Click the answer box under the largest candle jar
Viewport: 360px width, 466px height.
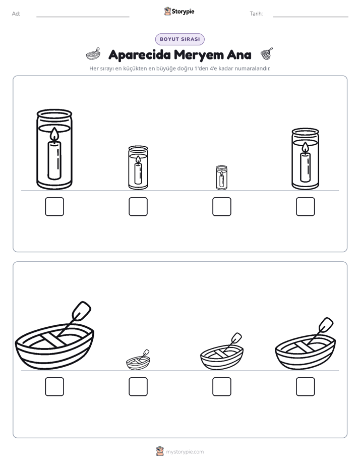pyautogui.click(x=54, y=207)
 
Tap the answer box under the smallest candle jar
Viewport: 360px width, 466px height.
pyautogui.click(x=221, y=207)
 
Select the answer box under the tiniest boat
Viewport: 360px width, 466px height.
pyautogui.click(x=138, y=387)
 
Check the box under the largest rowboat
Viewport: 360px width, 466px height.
pyautogui.click(x=54, y=387)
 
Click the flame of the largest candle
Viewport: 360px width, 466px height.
pyautogui.click(x=54, y=134)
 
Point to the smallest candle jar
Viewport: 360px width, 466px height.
pyautogui.click(x=221, y=178)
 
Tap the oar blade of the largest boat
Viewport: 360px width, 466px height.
pyautogui.click(x=81, y=311)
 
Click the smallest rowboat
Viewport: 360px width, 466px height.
pyautogui.click(x=138, y=360)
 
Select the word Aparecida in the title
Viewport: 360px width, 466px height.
pyautogui.click(x=140, y=55)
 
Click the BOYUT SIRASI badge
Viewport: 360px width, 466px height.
pyautogui.click(x=179, y=39)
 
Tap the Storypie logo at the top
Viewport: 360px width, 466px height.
pyautogui.click(x=179, y=11)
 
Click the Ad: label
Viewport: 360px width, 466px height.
pyautogui.click(x=16, y=14)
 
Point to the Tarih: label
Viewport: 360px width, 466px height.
pyautogui.click(x=256, y=14)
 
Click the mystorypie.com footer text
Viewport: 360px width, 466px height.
pyautogui.click(x=185, y=452)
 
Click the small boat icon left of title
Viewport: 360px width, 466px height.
pyautogui.click(x=93, y=54)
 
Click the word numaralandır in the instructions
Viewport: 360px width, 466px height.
pyautogui.click(x=253, y=69)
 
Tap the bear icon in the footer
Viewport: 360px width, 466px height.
pyautogui.click(x=160, y=451)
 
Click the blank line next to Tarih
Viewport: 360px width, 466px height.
pyautogui.click(x=311, y=17)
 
